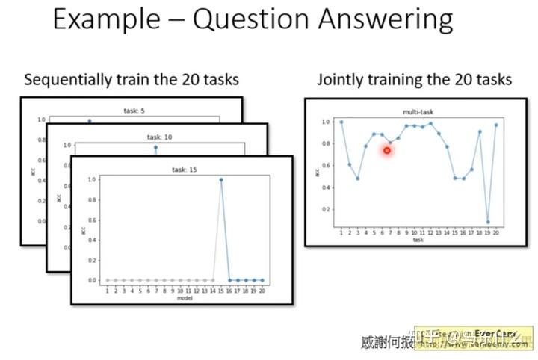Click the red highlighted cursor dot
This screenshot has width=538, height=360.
[387, 150]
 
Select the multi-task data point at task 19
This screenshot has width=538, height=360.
[488, 222]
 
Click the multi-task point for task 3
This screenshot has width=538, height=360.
[358, 179]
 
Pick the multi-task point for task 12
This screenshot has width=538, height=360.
[430, 123]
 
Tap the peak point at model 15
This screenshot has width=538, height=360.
[221, 179]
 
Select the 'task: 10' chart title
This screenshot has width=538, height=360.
[160, 137]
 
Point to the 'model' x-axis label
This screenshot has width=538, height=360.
[183, 297]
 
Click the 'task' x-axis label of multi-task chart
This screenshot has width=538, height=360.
[418, 240]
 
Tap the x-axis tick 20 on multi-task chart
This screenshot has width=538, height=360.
[495, 233]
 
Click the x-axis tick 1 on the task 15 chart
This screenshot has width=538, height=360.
[108, 290]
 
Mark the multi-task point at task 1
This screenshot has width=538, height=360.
[341, 122]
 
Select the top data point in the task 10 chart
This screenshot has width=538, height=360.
[156, 147]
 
